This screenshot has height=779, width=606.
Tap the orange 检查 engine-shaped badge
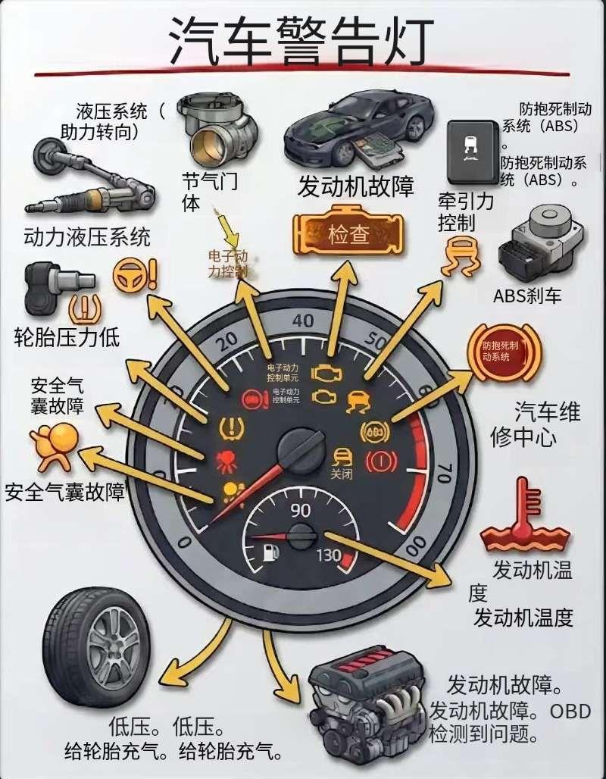click(348, 234)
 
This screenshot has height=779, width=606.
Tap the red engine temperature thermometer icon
click(525, 515)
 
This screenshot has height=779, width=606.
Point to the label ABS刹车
click(527, 296)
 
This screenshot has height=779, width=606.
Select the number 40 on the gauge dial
click(303, 321)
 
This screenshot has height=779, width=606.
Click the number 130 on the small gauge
click(329, 555)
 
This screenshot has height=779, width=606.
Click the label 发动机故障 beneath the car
click(356, 186)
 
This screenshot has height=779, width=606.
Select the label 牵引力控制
click(466, 211)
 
